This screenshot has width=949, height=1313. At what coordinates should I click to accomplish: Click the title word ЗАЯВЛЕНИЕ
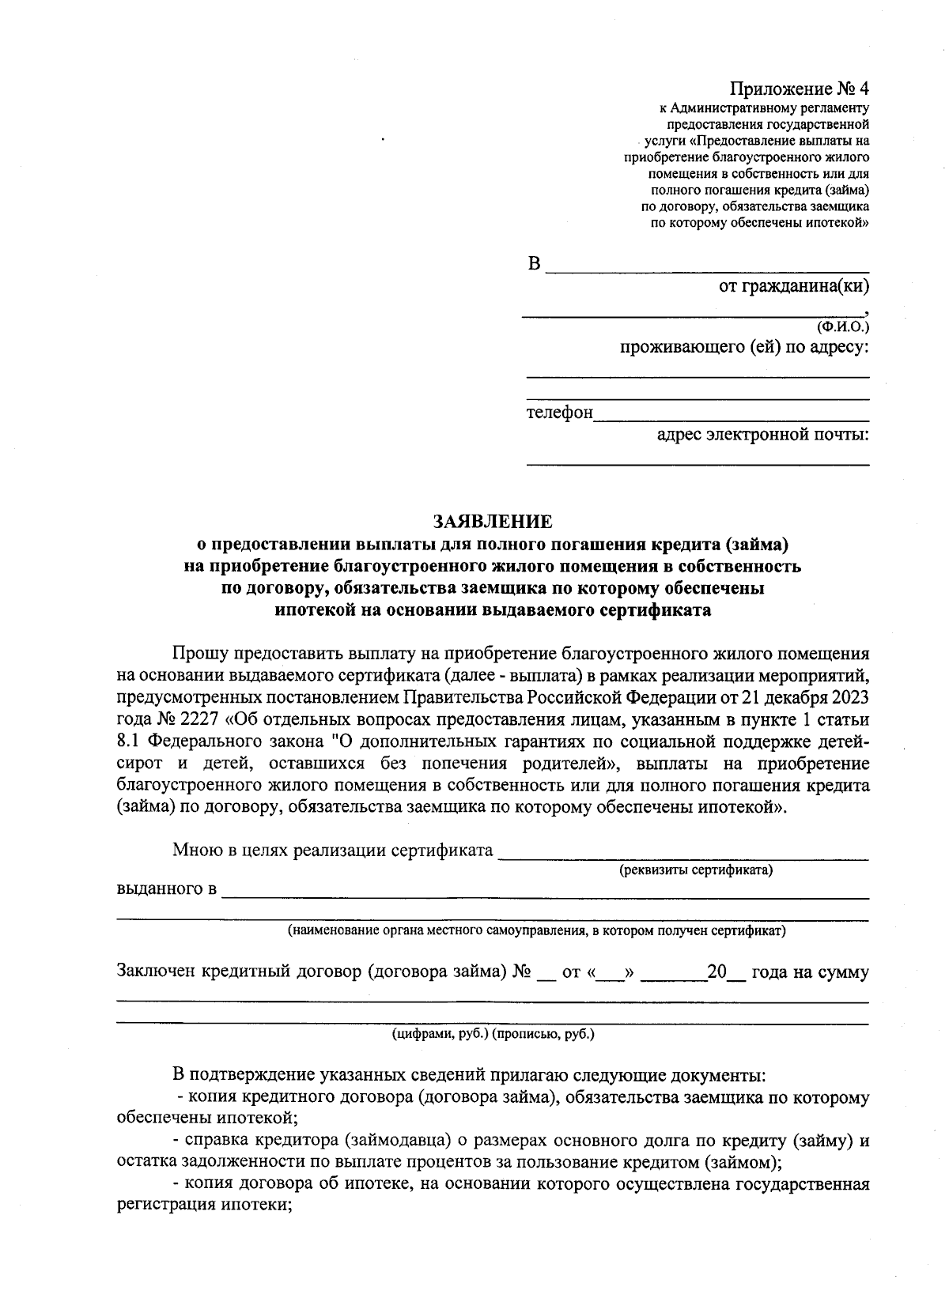click(493, 522)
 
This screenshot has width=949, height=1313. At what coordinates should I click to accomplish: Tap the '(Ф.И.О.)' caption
click(842, 326)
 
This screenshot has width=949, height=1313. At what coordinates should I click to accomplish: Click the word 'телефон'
click(559, 413)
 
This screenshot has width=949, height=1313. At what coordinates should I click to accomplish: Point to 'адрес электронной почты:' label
click(763, 433)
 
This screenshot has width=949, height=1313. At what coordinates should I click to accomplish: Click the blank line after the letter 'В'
click(707, 267)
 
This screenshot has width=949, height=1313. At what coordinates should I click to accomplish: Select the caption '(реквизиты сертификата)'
click(695, 870)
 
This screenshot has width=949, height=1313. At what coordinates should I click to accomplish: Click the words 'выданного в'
click(166, 889)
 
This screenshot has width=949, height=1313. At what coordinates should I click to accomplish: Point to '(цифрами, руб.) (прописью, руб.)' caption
click(493, 1034)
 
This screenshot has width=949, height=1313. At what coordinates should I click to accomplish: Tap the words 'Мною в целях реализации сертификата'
click(332, 851)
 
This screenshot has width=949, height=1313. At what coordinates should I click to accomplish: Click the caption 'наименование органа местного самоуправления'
click(536, 930)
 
